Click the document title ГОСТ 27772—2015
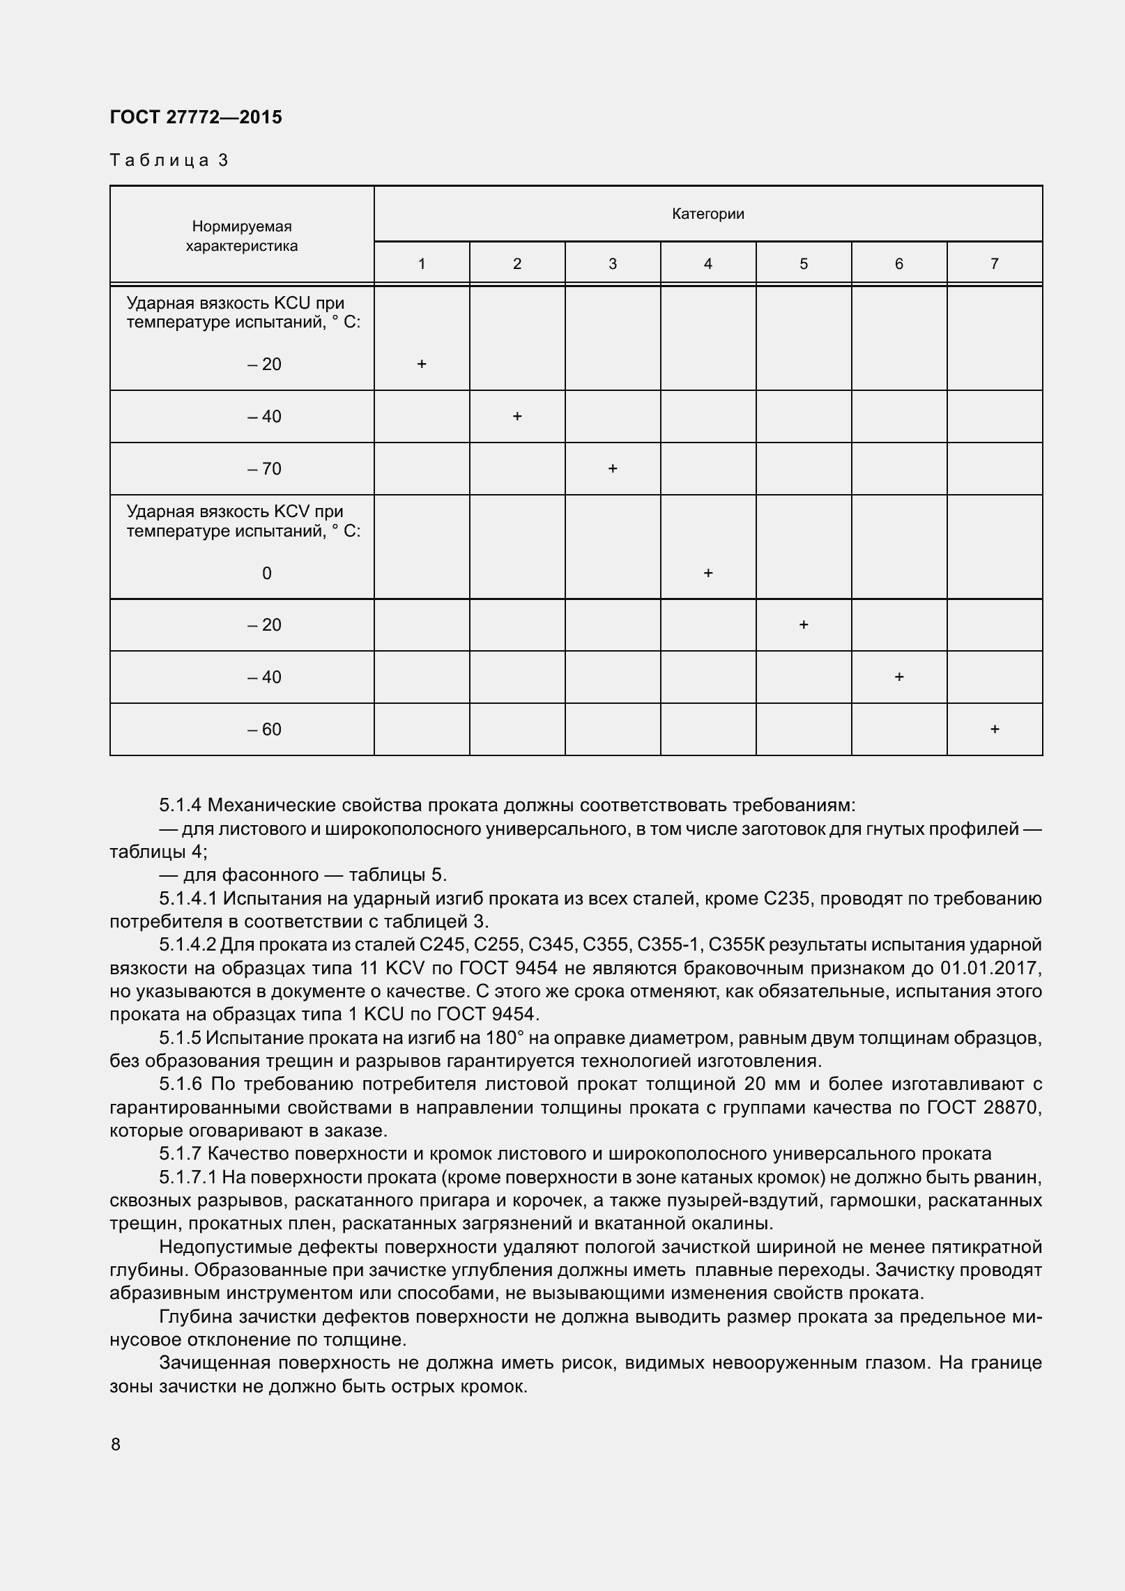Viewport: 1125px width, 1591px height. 196,117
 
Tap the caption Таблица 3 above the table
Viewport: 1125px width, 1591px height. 169,160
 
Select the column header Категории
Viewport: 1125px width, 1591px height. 707,214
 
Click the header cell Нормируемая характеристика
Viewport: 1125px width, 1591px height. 242,236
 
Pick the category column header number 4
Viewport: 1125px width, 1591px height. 708,263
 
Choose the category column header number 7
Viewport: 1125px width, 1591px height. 995,263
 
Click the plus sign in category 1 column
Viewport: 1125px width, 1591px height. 422,364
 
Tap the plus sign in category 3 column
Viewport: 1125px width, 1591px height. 613,468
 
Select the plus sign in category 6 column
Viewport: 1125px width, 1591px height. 899,677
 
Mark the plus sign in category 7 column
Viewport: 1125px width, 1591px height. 995,729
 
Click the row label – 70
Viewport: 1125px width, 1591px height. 265,469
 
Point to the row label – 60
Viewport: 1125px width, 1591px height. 265,730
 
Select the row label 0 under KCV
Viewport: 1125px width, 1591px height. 266,574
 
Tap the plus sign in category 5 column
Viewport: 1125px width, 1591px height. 804,624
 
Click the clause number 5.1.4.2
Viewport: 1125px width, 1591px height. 188,945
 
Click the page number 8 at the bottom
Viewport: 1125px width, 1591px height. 116,1445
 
